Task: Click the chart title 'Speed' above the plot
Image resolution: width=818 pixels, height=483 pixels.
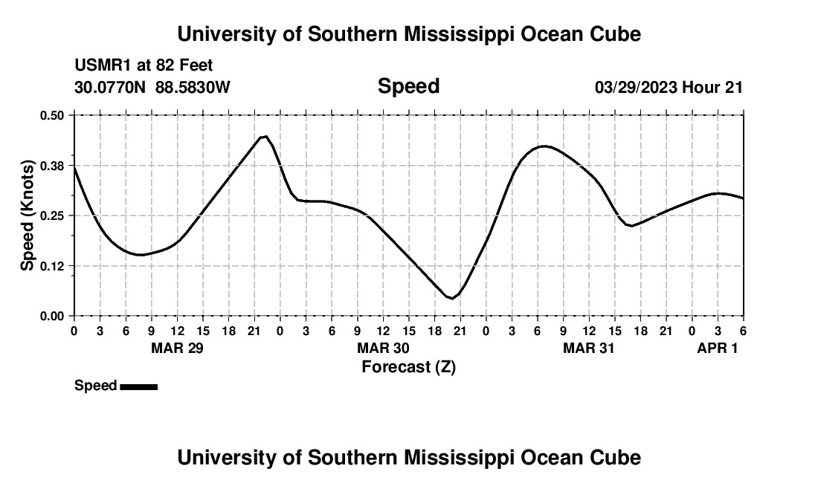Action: [x=408, y=86]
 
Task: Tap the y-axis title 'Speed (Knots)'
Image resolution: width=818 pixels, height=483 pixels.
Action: [x=28, y=215]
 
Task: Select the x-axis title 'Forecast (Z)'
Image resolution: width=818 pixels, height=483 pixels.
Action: [x=408, y=366]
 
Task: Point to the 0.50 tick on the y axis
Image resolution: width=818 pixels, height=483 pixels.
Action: [x=53, y=115]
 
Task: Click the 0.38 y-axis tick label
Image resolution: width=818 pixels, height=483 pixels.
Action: [x=53, y=165]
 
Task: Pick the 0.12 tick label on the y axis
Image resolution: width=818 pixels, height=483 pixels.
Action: [x=53, y=266]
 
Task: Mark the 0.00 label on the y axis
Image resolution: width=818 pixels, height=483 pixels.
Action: [x=53, y=316]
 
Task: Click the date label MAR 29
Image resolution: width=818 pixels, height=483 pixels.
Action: [x=177, y=348]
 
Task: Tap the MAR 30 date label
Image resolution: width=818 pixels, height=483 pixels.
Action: [x=383, y=348]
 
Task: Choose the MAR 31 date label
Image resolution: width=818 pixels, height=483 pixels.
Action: [x=589, y=348]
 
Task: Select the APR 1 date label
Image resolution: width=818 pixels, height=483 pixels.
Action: [x=717, y=348]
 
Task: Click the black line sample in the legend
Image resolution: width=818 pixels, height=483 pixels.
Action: [x=138, y=386]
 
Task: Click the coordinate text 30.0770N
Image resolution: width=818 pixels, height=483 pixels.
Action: [x=111, y=87]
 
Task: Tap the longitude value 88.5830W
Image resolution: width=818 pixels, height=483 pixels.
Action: [x=193, y=87]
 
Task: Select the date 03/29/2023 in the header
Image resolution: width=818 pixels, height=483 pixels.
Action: [x=636, y=87]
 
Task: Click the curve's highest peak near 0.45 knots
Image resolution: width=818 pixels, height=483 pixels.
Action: [x=264, y=136]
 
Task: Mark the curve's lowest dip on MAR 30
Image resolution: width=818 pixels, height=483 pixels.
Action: [x=451, y=298]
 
